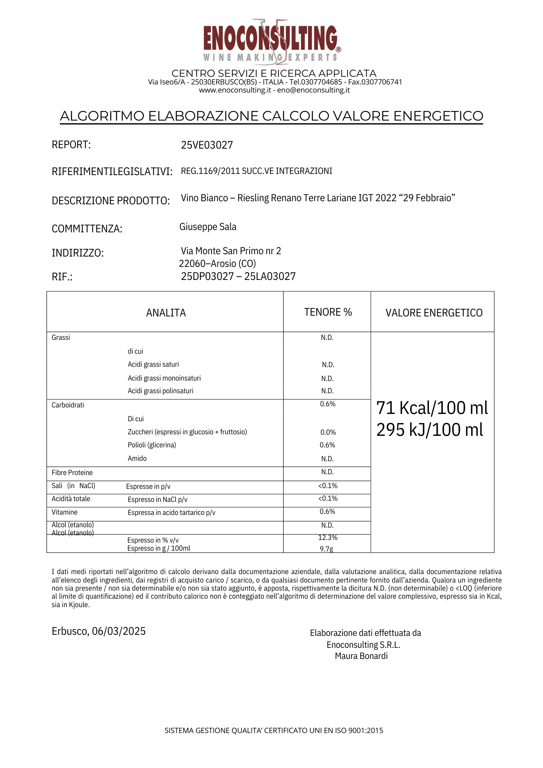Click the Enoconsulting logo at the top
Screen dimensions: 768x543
pos(271,40)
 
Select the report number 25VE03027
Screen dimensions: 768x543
pos(207,145)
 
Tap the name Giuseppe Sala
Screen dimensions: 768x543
pos(208,227)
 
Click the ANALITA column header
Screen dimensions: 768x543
pos(166,313)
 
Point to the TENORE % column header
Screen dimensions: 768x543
pos(328,312)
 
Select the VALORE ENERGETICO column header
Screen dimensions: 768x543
pos(434,313)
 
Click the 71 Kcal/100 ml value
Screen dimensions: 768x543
pos(432,408)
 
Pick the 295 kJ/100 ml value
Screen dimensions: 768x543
pos(429,430)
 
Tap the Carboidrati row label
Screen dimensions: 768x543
pos(68,405)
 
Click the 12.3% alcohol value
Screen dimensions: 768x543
pos(328,538)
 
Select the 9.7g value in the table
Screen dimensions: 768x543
pos(326,549)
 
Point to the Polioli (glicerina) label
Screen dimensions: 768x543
pos(152,445)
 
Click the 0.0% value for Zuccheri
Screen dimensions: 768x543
pos(328,432)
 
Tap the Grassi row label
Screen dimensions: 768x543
pos(61,338)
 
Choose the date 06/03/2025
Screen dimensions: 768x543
pos(119,631)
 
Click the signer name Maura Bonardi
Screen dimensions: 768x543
pos(361,656)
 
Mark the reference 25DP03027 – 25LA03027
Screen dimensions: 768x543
pos(238,276)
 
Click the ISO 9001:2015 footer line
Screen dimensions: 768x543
pos(274,731)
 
